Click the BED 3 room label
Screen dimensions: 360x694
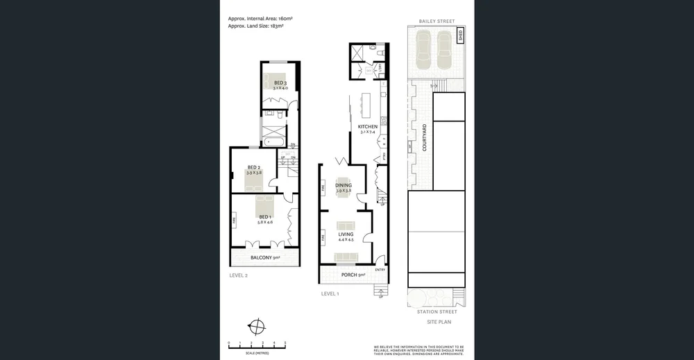tap(280, 83)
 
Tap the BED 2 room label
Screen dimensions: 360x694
tap(254, 167)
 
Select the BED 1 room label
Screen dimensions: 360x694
tap(264, 218)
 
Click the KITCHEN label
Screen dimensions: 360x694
tap(367, 126)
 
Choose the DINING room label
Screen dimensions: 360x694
tap(344, 185)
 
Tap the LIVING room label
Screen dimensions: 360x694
tap(346, 234)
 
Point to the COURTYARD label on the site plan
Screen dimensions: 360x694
tap(424, 138)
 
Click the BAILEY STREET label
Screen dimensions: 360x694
tap(437, 22)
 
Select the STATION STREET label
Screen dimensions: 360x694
tap(437, 312)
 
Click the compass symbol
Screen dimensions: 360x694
tap(257, 327)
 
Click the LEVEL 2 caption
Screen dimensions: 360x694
tap(238, 275)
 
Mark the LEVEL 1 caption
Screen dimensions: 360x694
tap(330, 293)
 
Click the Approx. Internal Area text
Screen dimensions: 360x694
tap(257, 18)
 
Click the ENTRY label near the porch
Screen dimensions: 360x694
tap(380, 269)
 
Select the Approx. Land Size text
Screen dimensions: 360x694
tap(255, 26)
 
